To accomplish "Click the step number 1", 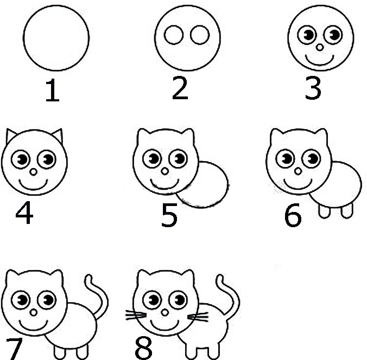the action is click(53, 90).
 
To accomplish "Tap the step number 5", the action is click(169, 215).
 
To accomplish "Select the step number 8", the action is click(143, 348).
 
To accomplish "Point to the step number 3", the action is click(313, 88).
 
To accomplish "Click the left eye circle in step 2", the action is click(173, 35).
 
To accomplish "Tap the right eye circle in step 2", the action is click(200, 35).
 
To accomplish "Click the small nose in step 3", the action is click(320, 48).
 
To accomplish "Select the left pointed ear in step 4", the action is click(11, 135).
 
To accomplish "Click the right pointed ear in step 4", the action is click(58, 135).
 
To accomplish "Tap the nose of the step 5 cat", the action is click(165, 171).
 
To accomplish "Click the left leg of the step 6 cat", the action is click(325, 211).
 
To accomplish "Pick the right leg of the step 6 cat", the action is click(347, 211).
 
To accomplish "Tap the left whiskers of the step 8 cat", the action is click(136, 315).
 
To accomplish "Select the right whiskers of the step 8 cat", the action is click(198, 317).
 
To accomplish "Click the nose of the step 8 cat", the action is click(165, 312).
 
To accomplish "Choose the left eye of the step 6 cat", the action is click(285, 159).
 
